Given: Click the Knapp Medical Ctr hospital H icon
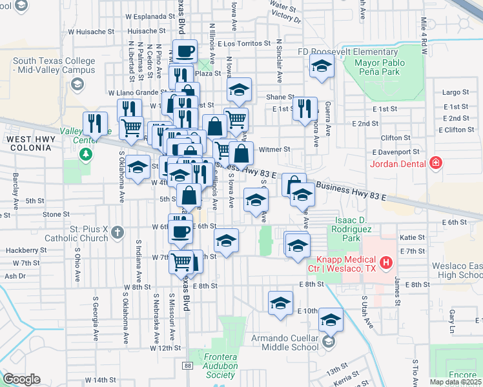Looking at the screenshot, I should tap(386, 262).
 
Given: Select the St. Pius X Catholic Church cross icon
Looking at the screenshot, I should tap(116, 231).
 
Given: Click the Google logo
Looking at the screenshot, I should tap(21, 379).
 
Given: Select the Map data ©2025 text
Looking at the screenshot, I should tap(456, 382).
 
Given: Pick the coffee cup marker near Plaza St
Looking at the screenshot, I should tap(185, 52).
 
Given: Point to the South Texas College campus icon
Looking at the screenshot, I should tap(77, 84).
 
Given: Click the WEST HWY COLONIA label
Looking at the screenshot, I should tap(28, 143).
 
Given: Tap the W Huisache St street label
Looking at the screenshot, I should tap(90, 30).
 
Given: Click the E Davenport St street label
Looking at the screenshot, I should tap(400, 152).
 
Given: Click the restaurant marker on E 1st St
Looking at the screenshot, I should tap(305, 109).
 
